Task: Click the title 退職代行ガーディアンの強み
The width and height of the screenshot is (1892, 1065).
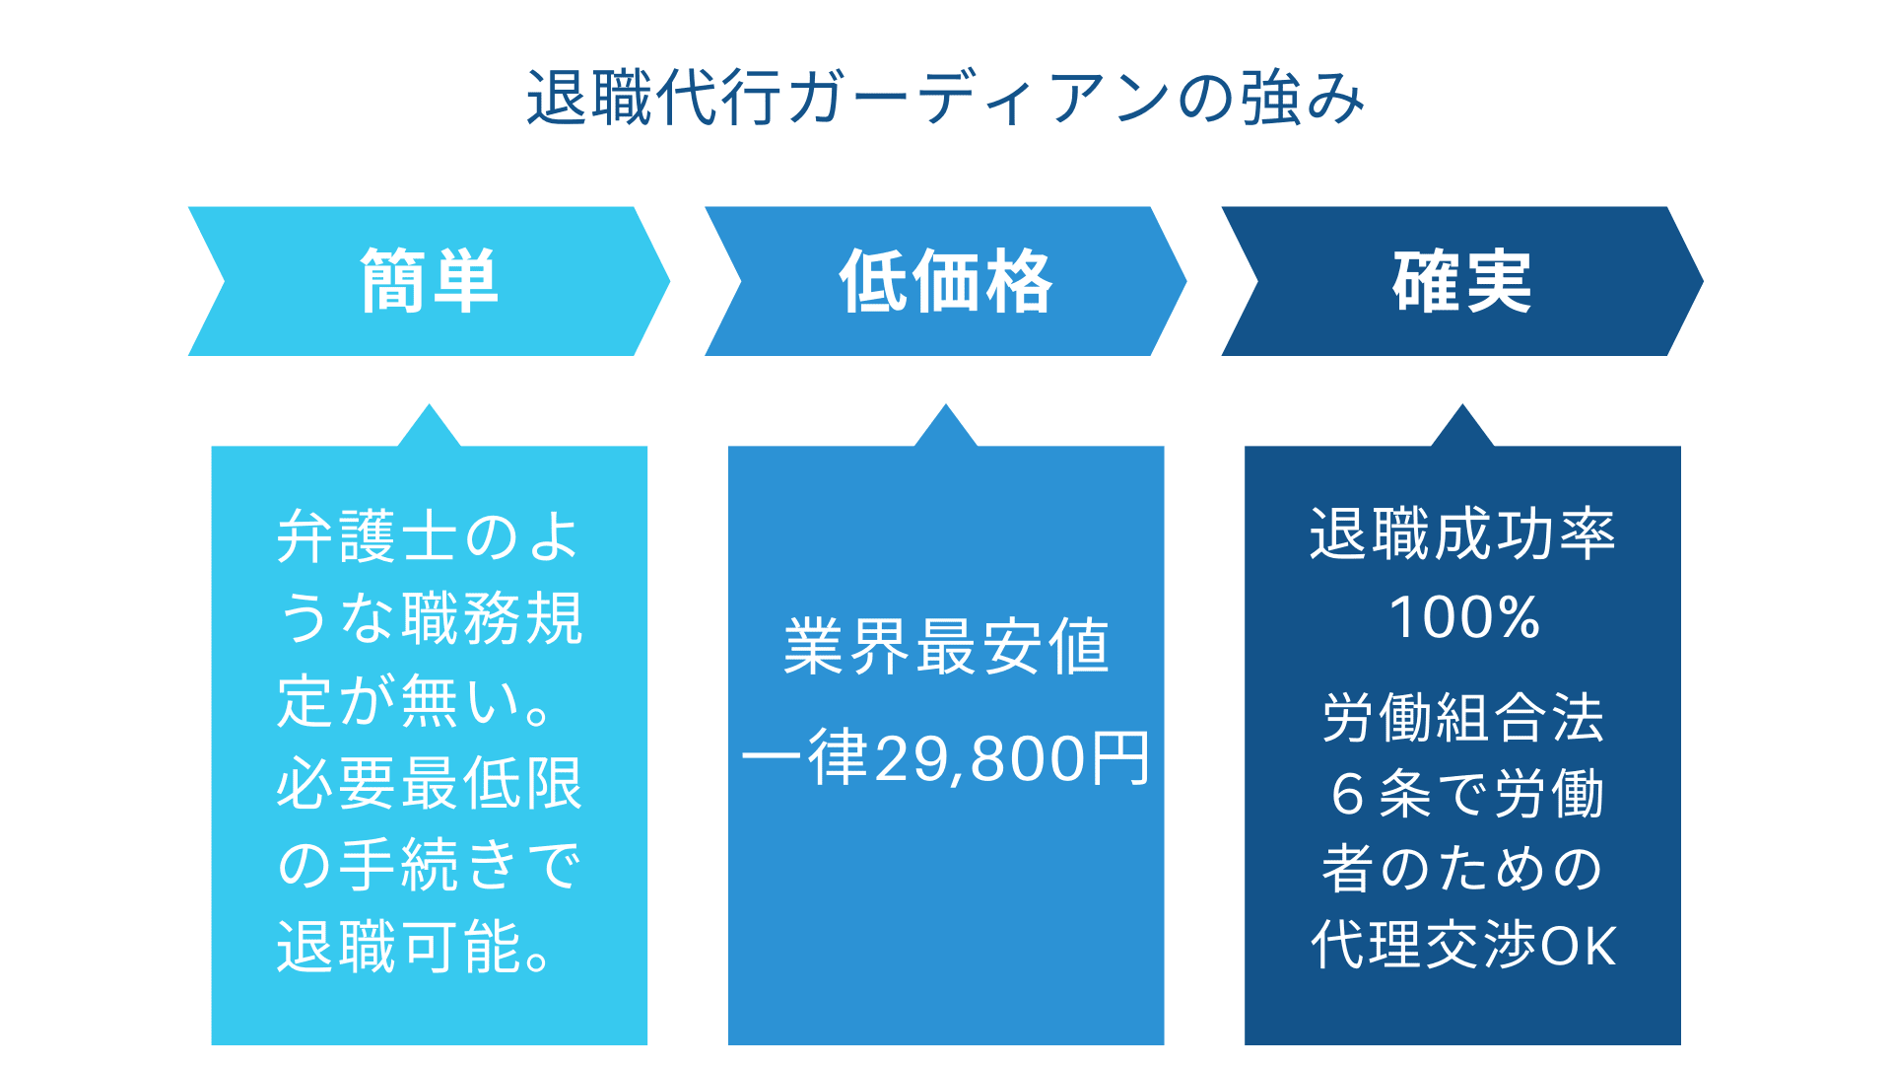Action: coord(946,98)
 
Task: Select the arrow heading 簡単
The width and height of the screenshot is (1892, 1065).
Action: coord(430,281)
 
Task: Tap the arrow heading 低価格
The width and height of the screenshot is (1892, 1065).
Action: coord(946,281)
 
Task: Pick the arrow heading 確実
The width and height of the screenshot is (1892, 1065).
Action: coord(1462,281)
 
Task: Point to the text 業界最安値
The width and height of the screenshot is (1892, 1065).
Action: coord(946,647)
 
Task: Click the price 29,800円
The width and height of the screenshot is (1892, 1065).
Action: coord(1011,759)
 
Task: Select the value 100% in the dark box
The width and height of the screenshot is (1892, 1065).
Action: coord(1463,617)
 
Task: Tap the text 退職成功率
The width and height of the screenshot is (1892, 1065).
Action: coord(1462,534)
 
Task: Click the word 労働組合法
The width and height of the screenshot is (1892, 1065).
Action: coord(1463,717)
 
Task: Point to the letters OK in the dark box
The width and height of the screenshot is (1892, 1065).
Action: coord(1579,946)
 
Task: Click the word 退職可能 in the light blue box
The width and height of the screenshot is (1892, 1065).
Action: coord(399,947)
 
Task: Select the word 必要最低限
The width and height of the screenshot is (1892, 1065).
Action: coord(430,784)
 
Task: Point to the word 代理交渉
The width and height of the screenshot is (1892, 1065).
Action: coord(1423,946)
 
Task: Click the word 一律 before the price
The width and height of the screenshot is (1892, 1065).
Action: coord(804,759)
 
